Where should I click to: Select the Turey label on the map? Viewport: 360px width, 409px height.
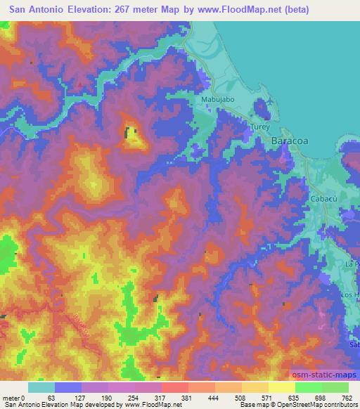(260, 127)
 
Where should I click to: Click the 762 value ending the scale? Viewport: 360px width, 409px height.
(347, 397)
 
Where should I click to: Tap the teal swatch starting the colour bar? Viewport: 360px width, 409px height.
(41, 387)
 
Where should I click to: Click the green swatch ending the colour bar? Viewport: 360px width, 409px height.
(335, 387)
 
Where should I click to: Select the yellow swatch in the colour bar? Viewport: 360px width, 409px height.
(281, 387)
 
